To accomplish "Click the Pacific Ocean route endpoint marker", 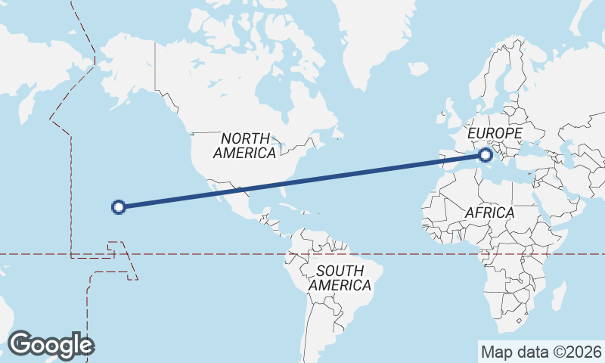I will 118,206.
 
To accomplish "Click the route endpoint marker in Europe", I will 485,156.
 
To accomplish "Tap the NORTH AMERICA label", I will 244,146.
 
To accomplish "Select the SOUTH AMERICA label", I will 340,278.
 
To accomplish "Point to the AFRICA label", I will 489,213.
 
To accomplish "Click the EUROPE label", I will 495,134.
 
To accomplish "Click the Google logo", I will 51,345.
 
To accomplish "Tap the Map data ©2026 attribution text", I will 541,352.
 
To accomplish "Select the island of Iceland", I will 418,69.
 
